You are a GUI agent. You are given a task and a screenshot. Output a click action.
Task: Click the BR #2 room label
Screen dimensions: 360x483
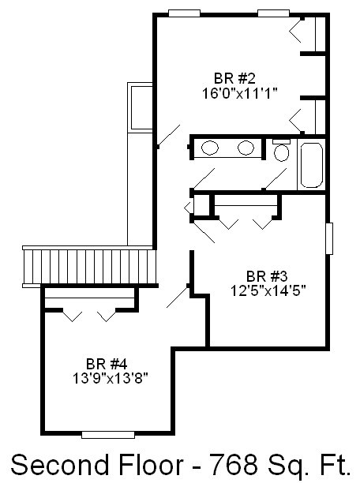pos(234,79)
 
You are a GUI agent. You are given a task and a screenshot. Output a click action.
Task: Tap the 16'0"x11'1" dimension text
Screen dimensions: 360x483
pos(240,93)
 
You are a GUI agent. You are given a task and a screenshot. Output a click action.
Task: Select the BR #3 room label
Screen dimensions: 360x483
pos(267,276)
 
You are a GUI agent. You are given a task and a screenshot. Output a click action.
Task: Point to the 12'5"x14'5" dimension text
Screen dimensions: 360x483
pos(268,290)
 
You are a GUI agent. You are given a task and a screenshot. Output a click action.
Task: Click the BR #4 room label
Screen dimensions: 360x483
pos(107,364)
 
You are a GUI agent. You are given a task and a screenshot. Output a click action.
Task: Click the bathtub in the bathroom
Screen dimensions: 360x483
pos(312,165)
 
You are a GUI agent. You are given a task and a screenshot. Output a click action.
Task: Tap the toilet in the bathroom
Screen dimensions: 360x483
pos(281,151)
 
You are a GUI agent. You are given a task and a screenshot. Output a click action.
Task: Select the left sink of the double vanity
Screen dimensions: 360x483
pos(210,148)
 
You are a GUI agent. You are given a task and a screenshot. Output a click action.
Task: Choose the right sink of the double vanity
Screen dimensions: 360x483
pos(246,148)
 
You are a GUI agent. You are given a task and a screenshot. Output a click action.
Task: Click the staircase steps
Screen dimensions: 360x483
pos(89,267)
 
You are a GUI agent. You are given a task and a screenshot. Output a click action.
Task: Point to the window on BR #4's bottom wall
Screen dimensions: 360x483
pos(108,435)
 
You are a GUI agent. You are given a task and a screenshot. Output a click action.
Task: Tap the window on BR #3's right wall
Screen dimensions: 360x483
pos(329,238)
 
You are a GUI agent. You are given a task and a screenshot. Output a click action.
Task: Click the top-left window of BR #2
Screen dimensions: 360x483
pos(184,13)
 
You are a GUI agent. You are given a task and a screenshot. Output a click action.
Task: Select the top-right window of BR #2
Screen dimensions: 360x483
pos(273,13)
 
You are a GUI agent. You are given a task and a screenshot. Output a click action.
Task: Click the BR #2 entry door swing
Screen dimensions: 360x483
pos(169,135)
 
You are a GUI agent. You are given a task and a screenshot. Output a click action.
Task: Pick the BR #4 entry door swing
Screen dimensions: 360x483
pos(178,296)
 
